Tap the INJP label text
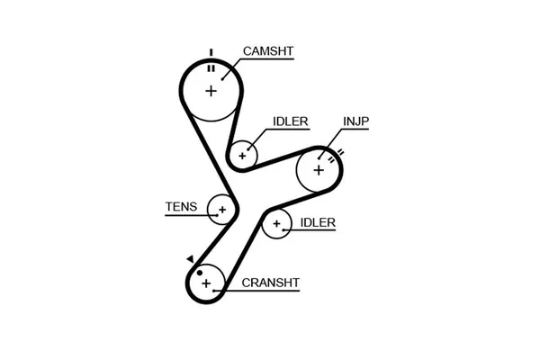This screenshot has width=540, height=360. click(x=355, y=121)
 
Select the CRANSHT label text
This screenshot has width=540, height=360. click(x=271, y=283)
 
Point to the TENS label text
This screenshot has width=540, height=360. click(x=180, y=206)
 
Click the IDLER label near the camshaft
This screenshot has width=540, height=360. click(x=292, y=121)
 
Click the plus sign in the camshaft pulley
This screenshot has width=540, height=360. click(x=211, y=90)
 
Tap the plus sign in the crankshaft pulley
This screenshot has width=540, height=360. click(x=207, y=284)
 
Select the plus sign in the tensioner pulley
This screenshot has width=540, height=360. click(x=220, y=210)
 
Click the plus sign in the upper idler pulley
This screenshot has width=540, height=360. click(x=241, y=155)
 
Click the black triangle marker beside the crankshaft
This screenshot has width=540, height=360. click(x=190, y=259)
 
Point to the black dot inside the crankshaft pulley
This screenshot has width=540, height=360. click(x=200, y=271)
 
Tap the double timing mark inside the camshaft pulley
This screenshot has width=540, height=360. click(x=211, y=67)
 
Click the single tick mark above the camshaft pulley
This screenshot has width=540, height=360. click(x=211, y=51)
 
